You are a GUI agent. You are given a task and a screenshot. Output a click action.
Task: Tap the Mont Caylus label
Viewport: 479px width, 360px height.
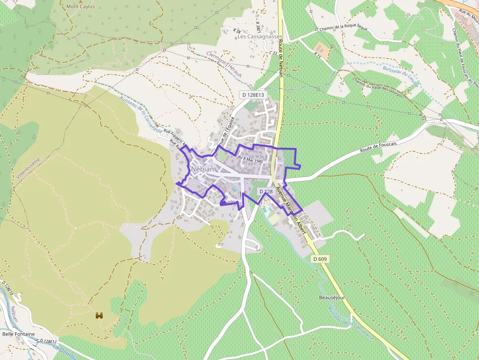(x=81, y=7)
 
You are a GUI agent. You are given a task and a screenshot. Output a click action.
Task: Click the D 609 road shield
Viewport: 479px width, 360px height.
(x=320, y=258)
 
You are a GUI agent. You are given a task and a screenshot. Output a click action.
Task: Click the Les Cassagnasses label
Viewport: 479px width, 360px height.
(x=260, y=37)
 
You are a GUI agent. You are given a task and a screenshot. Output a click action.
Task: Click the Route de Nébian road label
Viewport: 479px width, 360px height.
(x=281, y=64)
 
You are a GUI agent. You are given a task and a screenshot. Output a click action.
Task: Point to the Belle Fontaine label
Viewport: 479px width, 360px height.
(x=19, y=334)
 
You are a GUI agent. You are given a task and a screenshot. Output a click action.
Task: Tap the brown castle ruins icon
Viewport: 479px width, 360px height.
(x=100, y=316)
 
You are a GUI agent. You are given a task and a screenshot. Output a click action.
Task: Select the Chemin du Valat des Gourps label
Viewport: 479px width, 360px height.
(x=378, y=88)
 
